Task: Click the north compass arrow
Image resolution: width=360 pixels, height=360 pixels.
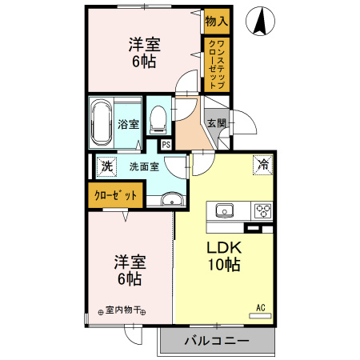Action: point(260,22)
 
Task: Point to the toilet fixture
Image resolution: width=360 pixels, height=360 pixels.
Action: point(158,120)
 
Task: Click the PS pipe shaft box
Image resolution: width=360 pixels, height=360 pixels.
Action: point(166,145)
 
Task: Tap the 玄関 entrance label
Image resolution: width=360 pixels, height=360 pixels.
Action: point(216,123)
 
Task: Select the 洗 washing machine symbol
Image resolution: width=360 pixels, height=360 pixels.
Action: point(106,166)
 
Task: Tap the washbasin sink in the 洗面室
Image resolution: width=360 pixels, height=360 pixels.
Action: point(170,199)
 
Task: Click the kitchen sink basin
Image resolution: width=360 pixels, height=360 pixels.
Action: point(223,211)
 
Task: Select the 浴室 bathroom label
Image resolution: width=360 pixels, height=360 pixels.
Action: point(128,124)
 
